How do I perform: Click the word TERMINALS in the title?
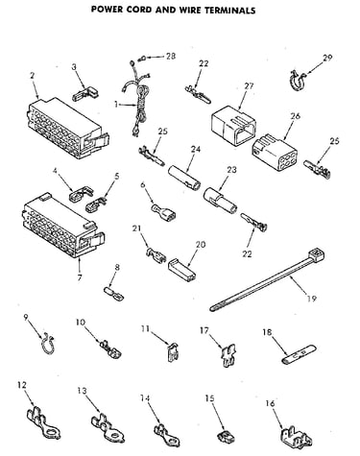(x=230, y=10)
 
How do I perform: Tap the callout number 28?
(x=171, y=56)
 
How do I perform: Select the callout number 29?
(x=327, y=58)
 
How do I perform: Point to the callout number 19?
(x=311, y=299)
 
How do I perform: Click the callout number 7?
(x=80, y=277)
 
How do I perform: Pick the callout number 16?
(x=270, y=403)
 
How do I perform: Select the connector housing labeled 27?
(x=233, y=125)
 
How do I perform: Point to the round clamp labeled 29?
(x=294, y=80)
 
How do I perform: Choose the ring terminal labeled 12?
(x=43, y=422)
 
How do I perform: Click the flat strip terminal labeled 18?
(x=299, y=354)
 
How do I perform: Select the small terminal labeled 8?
(x=114, y=294)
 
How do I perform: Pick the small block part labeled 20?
(x=182, y=267)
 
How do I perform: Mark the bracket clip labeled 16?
(x=295, y=437)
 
